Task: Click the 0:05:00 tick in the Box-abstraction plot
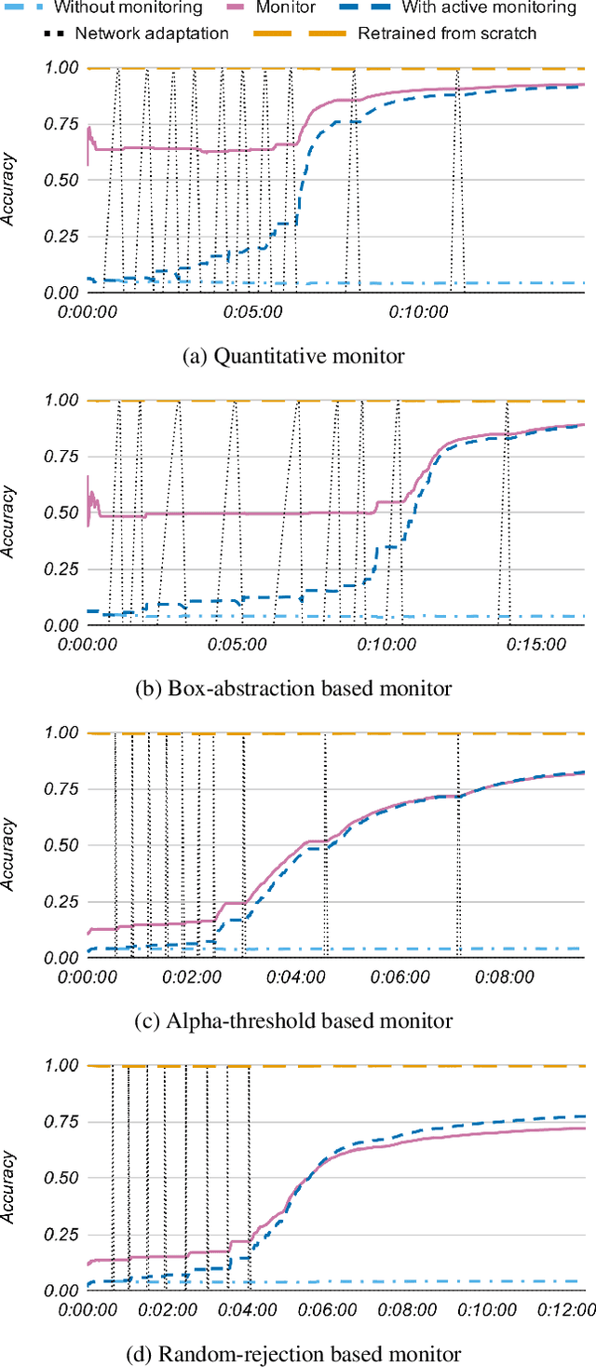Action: tap(238, 645)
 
